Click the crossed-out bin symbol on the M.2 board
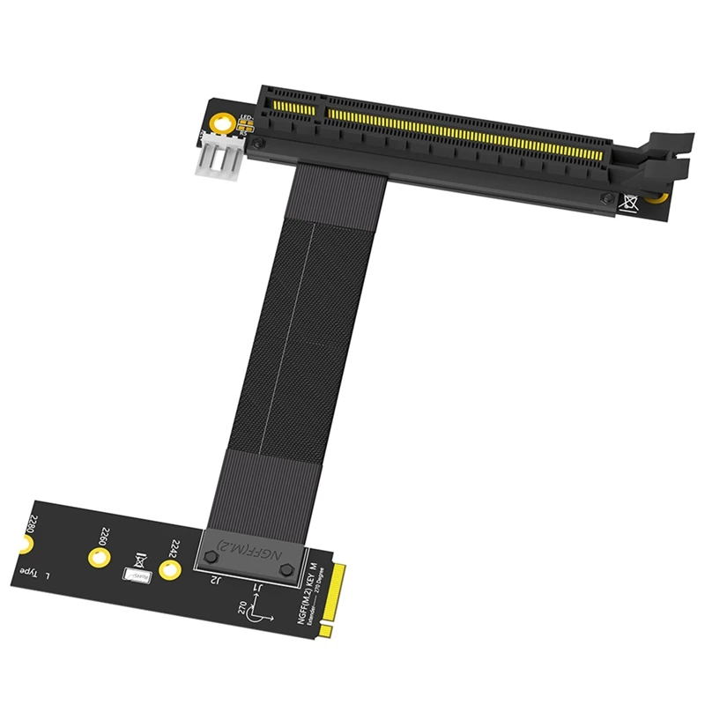point(138,557)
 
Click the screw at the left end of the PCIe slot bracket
point(256,144)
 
